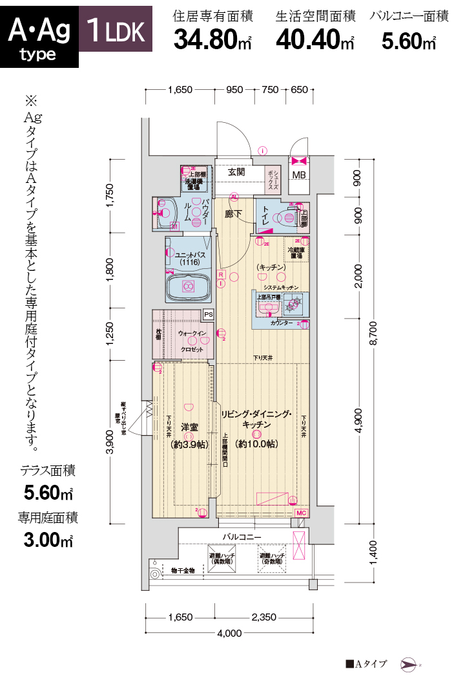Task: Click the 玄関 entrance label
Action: pos(236,172)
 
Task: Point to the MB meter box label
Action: pos(299,175)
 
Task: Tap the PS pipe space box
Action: pos(207,314)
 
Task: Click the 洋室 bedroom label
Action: pos(188,427)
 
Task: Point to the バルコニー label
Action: pos(241,537)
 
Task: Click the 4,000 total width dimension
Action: pos(229,632)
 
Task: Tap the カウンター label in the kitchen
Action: pos(282,322)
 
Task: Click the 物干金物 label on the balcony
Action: pos(183,571)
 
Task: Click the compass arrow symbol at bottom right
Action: pos(409,664)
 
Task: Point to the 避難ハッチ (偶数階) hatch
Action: pos(222,559)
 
